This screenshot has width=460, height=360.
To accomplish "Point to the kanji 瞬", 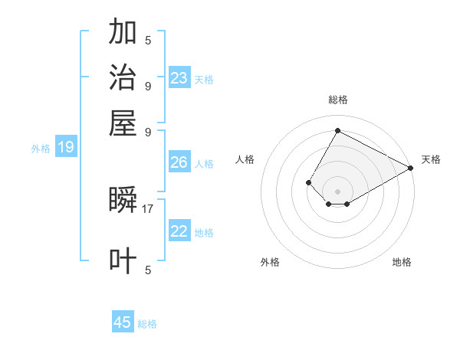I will tap(123, 200).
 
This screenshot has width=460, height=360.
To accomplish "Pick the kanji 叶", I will tap(123, 260).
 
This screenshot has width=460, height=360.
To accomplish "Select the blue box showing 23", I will tap(179, 77).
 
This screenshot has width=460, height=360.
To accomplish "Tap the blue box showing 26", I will tap(179, 162).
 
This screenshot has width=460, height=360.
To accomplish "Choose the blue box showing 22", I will tap(179, 231).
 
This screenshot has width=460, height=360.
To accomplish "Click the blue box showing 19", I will tap(66, 148).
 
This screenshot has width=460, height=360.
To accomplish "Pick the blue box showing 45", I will tap(123, 322).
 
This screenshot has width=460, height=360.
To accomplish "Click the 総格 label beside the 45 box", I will tap(147, 324).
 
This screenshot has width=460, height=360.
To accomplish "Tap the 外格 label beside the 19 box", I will tap(41, 149).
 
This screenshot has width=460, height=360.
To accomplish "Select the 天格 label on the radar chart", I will tap(431, 159).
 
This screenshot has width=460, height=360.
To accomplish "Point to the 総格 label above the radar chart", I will tap(337, 100).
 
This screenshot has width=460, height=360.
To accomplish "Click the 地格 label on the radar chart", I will tap(402, 262).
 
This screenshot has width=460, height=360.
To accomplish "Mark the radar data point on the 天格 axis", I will tap(411, 168).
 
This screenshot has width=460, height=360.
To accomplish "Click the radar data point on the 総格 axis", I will tap(337, 130).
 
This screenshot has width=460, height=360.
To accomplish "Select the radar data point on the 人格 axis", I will tap(308, 182).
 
